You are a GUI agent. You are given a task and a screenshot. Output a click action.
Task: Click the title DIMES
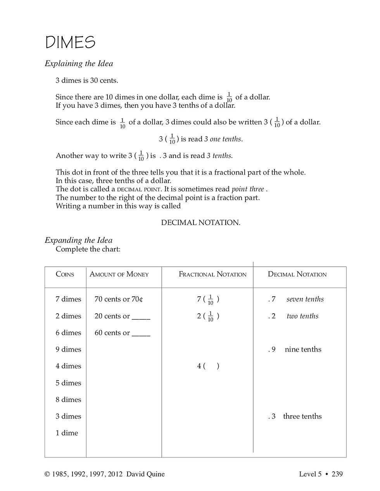click(70, 42)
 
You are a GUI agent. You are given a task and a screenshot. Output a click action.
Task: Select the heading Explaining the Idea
click(79, 64)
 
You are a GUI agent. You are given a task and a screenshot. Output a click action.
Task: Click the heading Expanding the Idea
click(78, 240)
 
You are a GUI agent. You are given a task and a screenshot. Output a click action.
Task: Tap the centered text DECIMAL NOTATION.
click(200, 223)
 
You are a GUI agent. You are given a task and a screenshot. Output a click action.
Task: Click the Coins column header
click(65, 274)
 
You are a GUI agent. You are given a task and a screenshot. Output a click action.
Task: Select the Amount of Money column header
click(119, 274)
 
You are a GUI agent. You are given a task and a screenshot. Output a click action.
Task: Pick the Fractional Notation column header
click(212, 274)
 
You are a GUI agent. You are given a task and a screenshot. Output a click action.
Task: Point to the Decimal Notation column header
click(297, 274)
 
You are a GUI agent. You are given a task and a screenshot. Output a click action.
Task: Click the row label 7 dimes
click(68, 299)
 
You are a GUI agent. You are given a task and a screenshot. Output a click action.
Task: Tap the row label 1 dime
click(67, 433)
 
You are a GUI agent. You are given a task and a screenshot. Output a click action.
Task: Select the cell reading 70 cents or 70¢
click(119, 299)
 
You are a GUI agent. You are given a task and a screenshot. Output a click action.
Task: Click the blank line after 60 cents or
click(141, 333)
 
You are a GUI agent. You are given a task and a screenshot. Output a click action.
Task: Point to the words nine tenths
click(303, 349)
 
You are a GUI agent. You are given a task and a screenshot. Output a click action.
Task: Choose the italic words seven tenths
click(305, 299)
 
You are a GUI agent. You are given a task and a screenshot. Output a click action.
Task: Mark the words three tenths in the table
click(302, 416)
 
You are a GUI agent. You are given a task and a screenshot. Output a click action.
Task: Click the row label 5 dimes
click(68, 383)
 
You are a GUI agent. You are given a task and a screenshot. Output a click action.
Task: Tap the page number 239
click(337, 474)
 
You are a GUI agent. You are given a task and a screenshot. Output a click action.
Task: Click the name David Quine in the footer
click(145, 474)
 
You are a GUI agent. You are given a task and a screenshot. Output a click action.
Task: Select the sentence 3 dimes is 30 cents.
click(87, 81)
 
